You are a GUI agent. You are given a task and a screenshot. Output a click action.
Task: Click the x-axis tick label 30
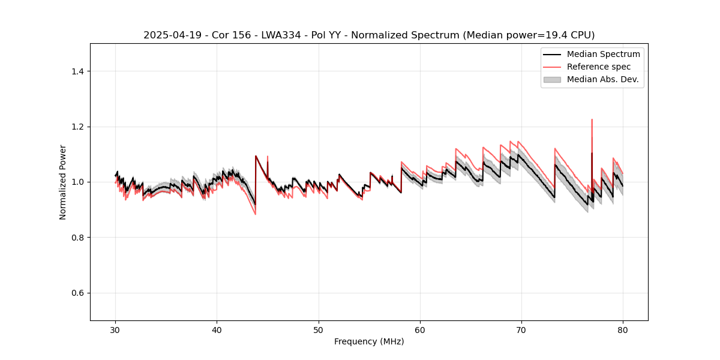point(115,329)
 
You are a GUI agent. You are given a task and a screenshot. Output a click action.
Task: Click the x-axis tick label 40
point(217,329)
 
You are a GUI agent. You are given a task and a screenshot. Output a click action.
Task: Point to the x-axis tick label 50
point(319,329)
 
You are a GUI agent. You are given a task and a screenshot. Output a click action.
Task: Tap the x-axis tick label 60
point(420,329)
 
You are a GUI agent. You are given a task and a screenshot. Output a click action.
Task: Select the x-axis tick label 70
point(521,329)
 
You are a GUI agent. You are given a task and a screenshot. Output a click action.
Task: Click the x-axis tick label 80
point(623,329)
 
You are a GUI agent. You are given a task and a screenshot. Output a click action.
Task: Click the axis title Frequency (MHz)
point(369,341)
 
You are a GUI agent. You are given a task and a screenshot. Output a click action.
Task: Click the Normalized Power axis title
point(63,182)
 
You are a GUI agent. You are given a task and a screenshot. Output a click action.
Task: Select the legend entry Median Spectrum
point(603,54)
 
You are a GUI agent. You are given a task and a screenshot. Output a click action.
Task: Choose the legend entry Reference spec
point(599,67)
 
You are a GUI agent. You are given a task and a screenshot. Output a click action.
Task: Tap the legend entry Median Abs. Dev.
point(602,79)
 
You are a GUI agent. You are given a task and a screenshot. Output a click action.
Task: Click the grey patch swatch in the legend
point(552,79)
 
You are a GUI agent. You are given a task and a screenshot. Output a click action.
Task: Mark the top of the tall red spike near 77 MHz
point(592,119)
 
